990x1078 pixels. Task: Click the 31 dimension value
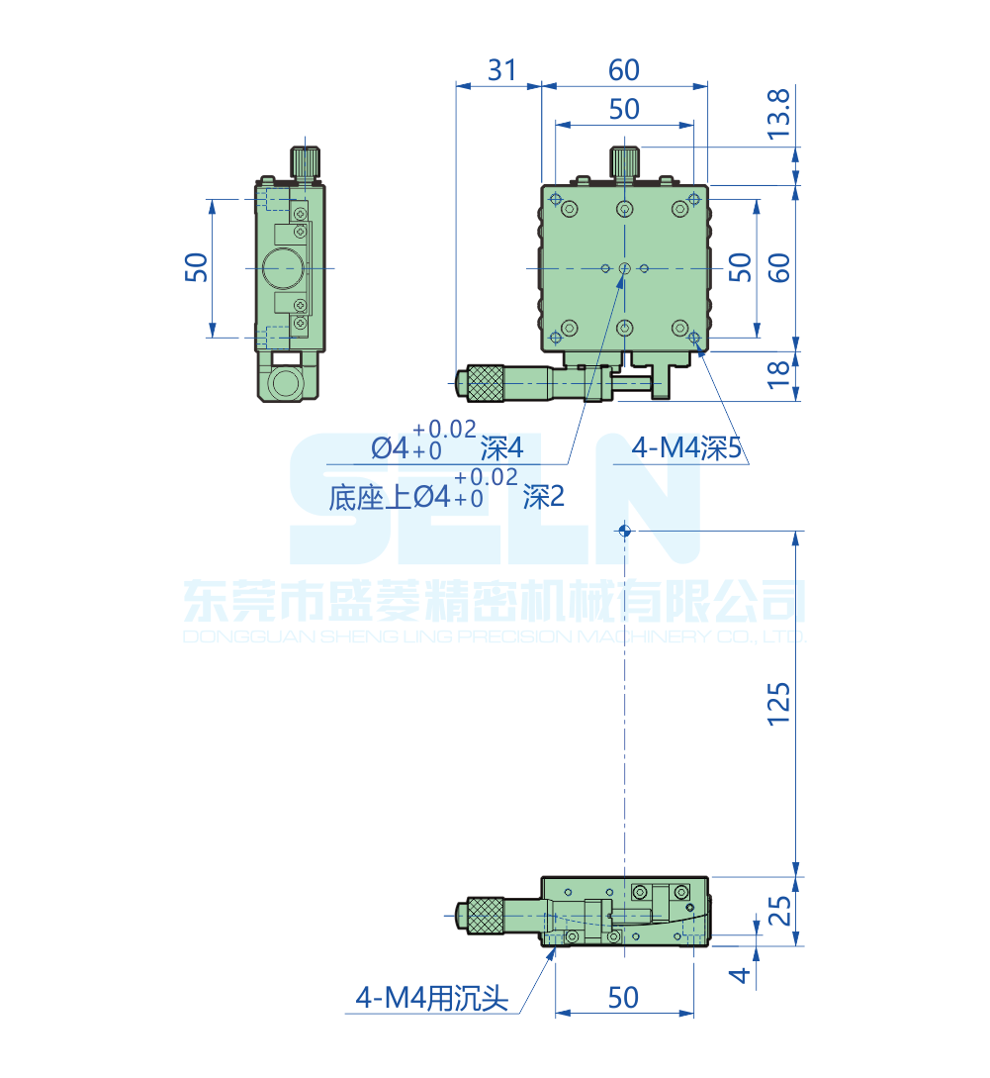502,70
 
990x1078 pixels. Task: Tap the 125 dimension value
779,704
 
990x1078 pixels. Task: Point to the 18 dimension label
779,374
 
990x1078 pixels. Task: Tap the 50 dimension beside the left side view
197,267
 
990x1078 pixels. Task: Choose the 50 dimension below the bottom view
623,998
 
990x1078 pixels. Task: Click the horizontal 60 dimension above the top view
624,70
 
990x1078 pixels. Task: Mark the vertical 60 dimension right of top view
779,267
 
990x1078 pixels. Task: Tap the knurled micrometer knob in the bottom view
485,915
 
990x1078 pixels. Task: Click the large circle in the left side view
284,267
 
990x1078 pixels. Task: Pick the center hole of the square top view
624,268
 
